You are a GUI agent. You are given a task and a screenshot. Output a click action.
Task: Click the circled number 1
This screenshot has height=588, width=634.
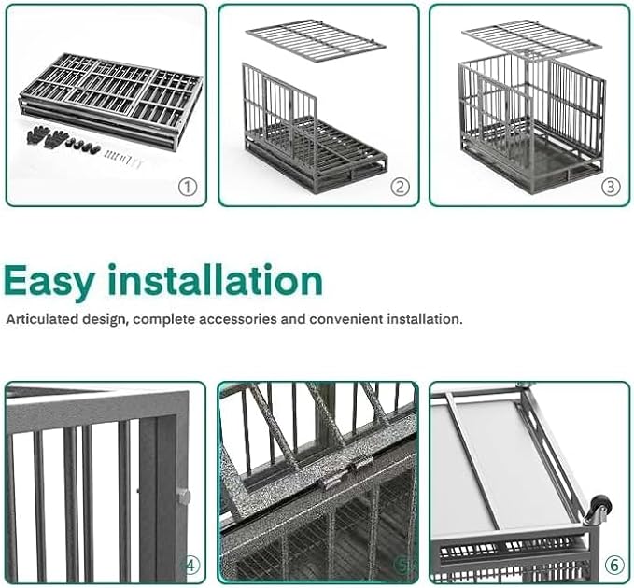tap(189, 187)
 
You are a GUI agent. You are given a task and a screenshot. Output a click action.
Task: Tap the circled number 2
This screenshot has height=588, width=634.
tap(400, 187)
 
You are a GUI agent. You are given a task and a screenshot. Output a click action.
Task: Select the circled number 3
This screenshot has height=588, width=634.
tap(610, 187)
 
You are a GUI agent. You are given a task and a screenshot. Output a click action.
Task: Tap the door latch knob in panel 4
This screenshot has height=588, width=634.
tap(184, 497)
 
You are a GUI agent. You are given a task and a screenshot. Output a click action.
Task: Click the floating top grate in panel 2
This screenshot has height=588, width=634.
tap(316, 40)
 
